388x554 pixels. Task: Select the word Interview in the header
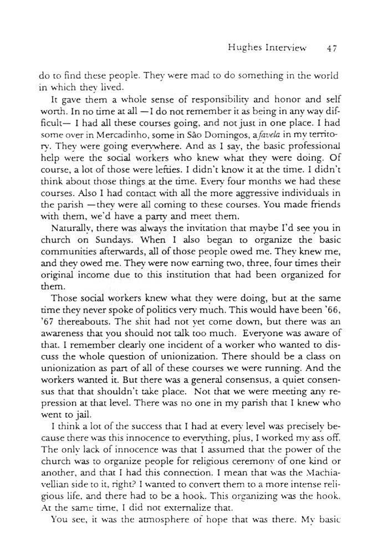[x=285, y=48]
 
